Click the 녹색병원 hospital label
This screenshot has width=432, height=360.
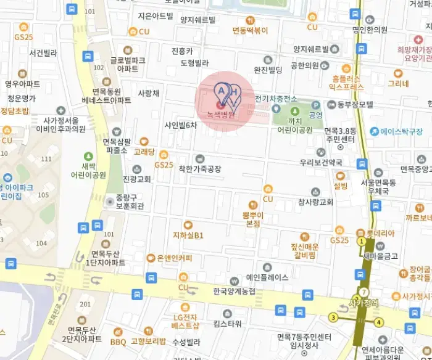tap(221, 115)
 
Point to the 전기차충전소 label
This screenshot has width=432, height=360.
tap(276, 98)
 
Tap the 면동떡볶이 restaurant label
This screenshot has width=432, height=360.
tap(250, 30)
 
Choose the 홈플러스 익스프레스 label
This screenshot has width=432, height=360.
tap(347, 83)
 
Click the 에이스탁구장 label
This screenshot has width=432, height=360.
tap(401, 131)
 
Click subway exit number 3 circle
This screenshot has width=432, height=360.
tap(333, 318)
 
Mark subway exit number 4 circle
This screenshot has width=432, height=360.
tap(379, 321)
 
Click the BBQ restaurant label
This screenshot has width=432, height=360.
tap(117, 342)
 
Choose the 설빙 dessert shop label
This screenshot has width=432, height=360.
tap(341, 185)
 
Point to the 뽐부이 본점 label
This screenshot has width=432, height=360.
tap(253, 219)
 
